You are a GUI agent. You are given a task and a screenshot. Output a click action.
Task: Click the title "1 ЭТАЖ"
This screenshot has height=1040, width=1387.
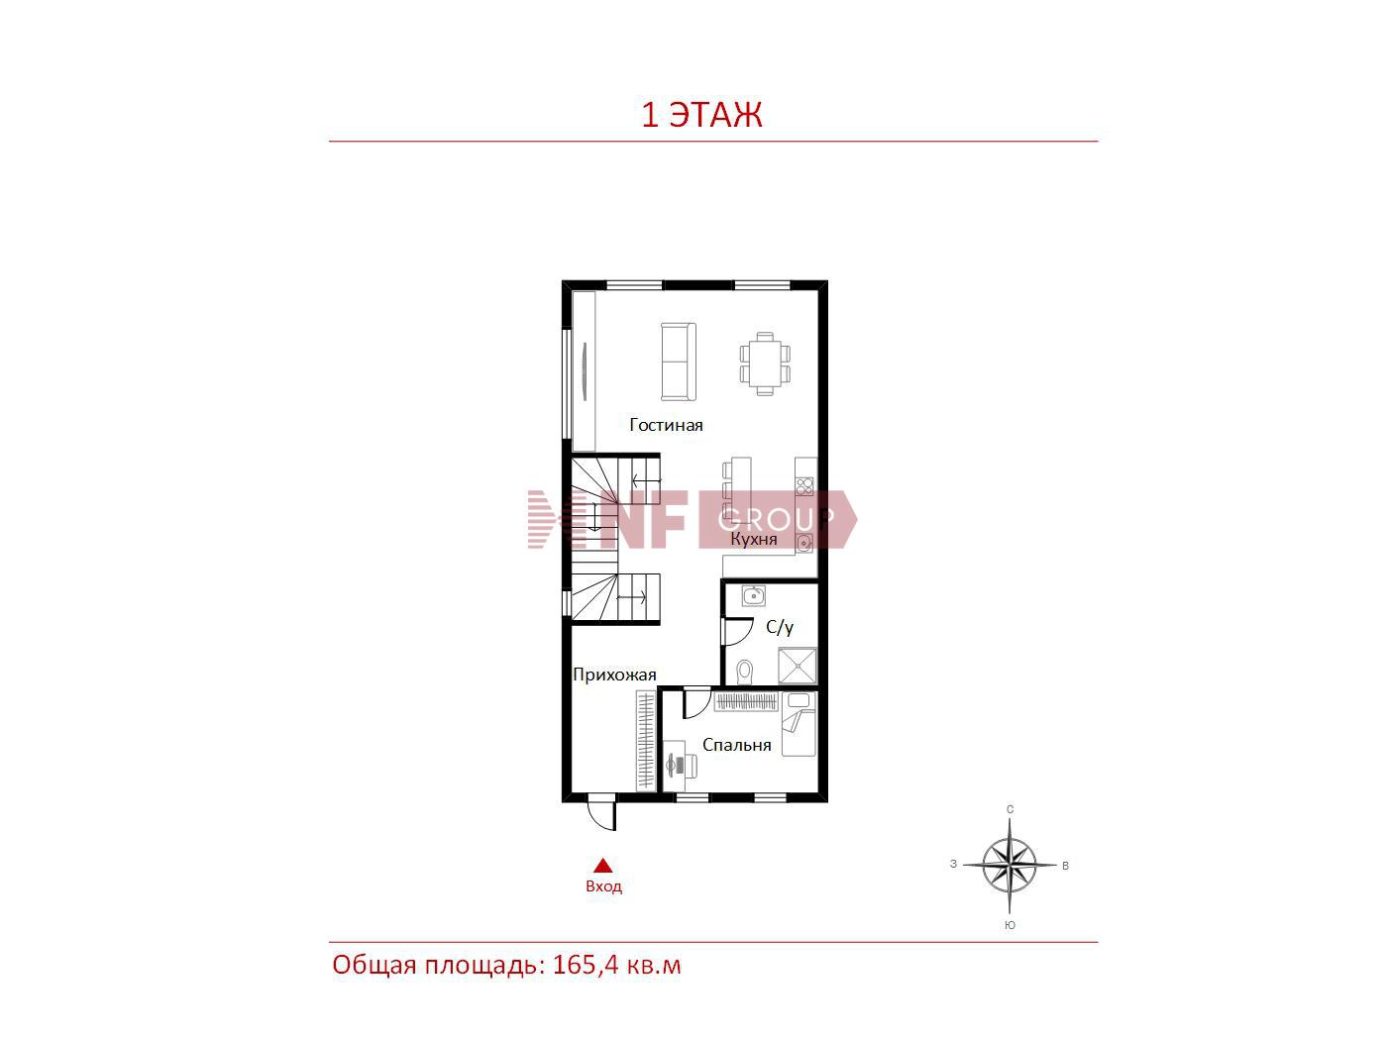click(x=701, y=115)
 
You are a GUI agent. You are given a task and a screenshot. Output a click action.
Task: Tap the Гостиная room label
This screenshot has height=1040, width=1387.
click(x=666, y=425)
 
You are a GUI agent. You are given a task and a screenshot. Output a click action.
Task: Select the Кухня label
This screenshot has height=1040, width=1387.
click(x=753, y=539)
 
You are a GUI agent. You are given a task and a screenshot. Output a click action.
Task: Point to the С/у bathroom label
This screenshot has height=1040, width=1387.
click(x=779, y=627)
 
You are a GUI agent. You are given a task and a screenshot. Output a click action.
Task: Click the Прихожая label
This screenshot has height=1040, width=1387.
click(x=614, y=676)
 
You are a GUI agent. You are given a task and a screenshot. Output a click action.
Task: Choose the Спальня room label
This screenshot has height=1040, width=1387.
click(x=737, y=745)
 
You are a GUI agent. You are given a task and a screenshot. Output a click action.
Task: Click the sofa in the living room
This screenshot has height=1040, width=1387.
click(x=679, y=362)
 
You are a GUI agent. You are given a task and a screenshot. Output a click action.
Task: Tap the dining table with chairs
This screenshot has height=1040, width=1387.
click(x=765, y=364)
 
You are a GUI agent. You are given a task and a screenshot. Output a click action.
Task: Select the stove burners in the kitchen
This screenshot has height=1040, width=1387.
click(x=804, y=487)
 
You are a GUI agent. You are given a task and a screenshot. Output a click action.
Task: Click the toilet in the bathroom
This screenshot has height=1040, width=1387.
click(x=746, y=672)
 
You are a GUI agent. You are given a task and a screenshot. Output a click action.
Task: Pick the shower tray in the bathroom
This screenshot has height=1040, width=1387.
click(x=798, y=666)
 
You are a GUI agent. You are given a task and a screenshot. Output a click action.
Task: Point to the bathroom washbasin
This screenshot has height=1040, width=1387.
click(x=753, y=595)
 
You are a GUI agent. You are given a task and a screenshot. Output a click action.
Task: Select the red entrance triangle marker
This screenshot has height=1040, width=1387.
click(x=602, y=865)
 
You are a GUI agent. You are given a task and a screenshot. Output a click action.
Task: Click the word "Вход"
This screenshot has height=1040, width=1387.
click(x=603, y=886)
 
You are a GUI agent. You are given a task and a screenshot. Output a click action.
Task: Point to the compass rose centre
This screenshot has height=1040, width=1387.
click(x=1010, y=864)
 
